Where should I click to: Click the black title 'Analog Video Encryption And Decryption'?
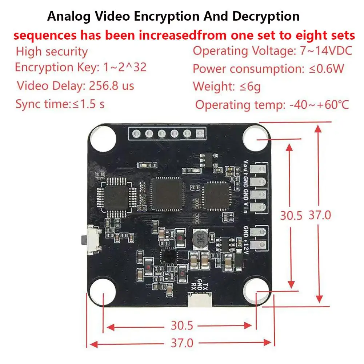coord(174,16)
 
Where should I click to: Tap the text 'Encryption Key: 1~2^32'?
coord(81,67)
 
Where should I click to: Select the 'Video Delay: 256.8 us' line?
coord(76,86)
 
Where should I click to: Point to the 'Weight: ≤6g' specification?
coord(227,87)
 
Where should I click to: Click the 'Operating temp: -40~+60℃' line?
coord(272,105)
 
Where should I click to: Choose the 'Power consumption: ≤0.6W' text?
coord(268,68)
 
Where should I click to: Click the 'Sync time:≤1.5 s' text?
coord(60,104)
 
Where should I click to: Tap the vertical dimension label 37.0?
coord(320,215)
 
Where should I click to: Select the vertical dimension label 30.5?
coord(291,216)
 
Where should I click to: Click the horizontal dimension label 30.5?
coord(182,326)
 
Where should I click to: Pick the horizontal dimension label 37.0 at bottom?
coord(182,343)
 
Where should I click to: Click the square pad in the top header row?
coord(199,134)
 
